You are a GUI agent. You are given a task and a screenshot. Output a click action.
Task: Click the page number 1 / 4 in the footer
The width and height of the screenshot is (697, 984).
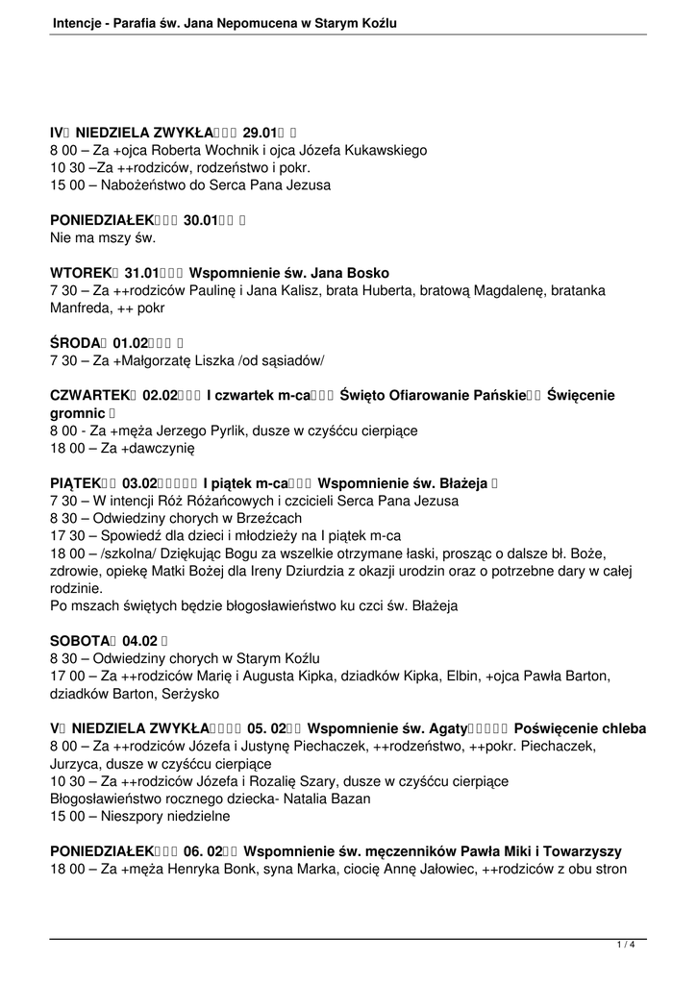click(x=625, y=946)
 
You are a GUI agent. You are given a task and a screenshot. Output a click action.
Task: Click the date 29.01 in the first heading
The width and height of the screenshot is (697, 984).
click(x=261, y=133)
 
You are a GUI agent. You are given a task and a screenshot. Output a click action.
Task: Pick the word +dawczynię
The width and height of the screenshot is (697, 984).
click(x=152, y=448)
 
